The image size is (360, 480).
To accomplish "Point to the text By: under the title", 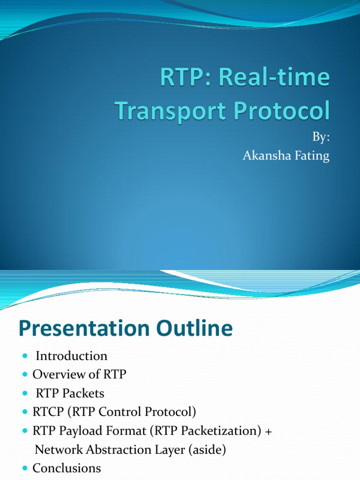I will [x=321, y=138].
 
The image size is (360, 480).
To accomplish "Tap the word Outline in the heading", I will [x=198, y=329].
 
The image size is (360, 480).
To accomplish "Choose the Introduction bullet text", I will [x=71, y=356].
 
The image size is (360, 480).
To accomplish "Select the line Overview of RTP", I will [x=79, y=375].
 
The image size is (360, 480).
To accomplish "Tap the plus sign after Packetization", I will [x=268, y=431].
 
